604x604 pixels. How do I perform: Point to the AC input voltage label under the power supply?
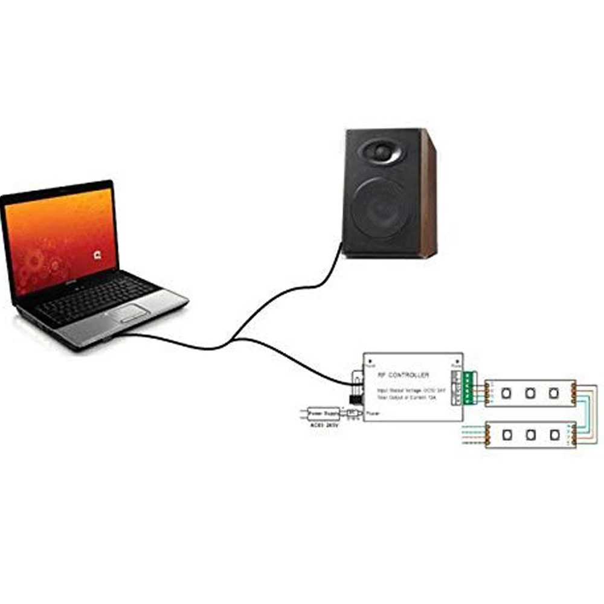click(x=324, y=425)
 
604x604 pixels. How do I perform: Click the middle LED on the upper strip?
click(x=530, y=393)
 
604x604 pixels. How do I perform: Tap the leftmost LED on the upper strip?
click(x=507, y=393)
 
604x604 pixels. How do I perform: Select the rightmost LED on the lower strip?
click(x=554, y=435)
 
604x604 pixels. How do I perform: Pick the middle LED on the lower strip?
click(x=531, y=435)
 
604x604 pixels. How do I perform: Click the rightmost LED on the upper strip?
click(x=553, y=393)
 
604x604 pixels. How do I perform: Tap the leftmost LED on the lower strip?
click(x=508, y=435)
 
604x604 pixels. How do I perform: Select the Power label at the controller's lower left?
click(x=373, y=414)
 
